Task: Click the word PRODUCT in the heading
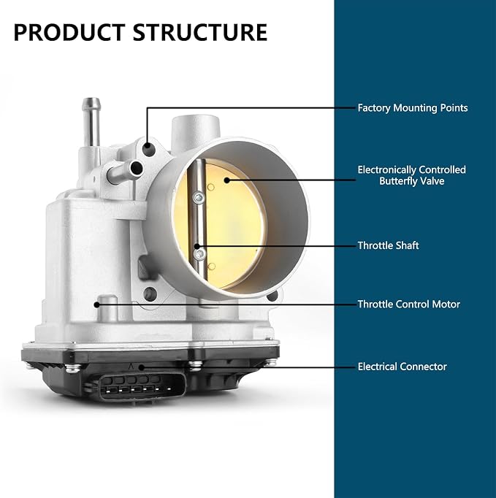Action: (69, 32)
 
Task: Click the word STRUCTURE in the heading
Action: (200, 32)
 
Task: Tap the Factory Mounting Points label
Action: (413, 108)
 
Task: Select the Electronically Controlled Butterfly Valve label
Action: (411, 175)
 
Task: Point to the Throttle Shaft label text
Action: (388, 245)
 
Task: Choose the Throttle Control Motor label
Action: (408, 304)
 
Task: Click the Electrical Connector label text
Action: (402, 367)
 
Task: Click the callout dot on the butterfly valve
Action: (226, 180)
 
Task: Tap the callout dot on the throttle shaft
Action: (197, 246)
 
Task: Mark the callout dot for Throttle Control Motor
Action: (96, 304)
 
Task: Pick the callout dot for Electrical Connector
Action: (142, 367)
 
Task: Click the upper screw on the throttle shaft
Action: (199, 198)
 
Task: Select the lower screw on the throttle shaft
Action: (200, 254)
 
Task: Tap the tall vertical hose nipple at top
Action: (91, 122)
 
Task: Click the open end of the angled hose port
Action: (137, 169)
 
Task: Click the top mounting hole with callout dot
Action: (148, 149)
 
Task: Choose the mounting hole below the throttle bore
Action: (150, 294)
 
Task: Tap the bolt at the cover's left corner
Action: (73, 368)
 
